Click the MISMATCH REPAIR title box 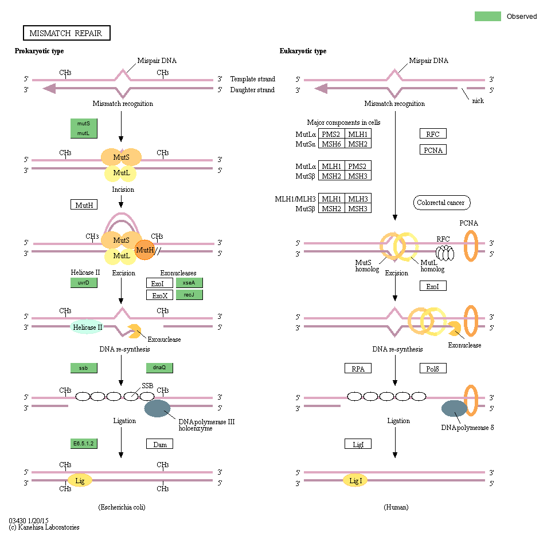coord(66,33)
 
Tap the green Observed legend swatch coord(487,17)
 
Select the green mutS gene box coord(84,123)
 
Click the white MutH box coord(84,204)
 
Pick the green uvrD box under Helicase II coord(84,283)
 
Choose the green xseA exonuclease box coord(189,283)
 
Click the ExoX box coord(159,295)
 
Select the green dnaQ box coord(159,368)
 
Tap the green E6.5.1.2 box coord(84,443)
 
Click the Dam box coord(159,444)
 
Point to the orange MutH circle coord(145,250)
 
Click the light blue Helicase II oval coord(88,327)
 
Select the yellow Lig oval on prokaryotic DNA coord(80,481)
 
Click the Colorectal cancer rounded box coord(440,203)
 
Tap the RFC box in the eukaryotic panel coord(433,134)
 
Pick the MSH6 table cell coord(331,144)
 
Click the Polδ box coord(433,368)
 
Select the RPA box coord(358,368)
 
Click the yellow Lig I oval coord(355,481)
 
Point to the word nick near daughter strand coord(478,101)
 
